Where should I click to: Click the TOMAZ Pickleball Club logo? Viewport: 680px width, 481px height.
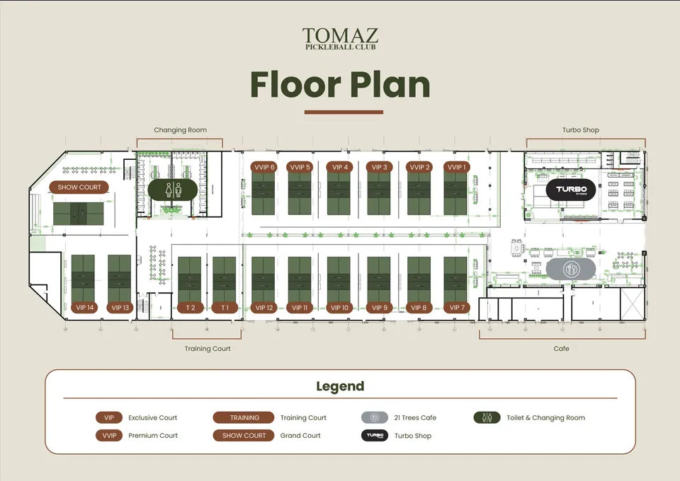pyautogui.click(x=341, y=38)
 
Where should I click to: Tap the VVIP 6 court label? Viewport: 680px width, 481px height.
pyautogui.click(x=264, y=167)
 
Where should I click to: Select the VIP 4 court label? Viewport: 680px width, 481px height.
pyautogui.click(x=339, y=167)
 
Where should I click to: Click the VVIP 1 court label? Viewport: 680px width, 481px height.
pyautogui.click(x=456, y=167)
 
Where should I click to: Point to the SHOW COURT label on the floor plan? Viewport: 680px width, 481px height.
pyautogui.click(x=79, y=187)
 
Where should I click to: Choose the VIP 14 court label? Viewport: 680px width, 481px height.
pyautogui.click(x=84, y=308)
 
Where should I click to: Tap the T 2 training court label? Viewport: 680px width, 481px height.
pyautogui.click(x=191, y=308)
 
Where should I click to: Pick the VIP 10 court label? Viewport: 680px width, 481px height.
pyautogui.click(x=339, y=308)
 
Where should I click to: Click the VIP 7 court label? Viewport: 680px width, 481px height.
pyautogui.click(x=457, y=308)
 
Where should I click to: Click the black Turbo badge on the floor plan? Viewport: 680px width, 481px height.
pyautogui.click(x=571, y=190)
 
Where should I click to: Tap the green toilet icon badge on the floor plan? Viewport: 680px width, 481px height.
pyautogui.click(x=173, y=190)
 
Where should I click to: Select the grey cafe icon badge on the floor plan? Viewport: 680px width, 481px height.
pyautogui.click(x=571, y=270)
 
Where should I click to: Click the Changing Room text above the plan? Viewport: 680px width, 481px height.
pyautogui.click(x=181, y=130)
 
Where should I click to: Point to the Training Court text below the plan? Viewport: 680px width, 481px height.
pyautogui.click(x=208, y=349)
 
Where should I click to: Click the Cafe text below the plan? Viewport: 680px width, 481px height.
pyautogui.click(x=561, y=349)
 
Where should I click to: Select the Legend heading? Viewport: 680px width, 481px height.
pyautogui.click(x=341, y=386)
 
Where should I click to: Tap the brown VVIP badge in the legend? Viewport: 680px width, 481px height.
pyautogui.click(x=109, y=436)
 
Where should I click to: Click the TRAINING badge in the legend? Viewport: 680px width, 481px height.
pyautogui.click(x=244, y=418)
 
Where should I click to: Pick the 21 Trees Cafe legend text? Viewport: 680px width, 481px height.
pyautogui.click(x=415, y=418)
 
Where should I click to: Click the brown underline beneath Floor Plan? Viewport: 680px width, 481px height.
pyautogui.click(x=344, y=112)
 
